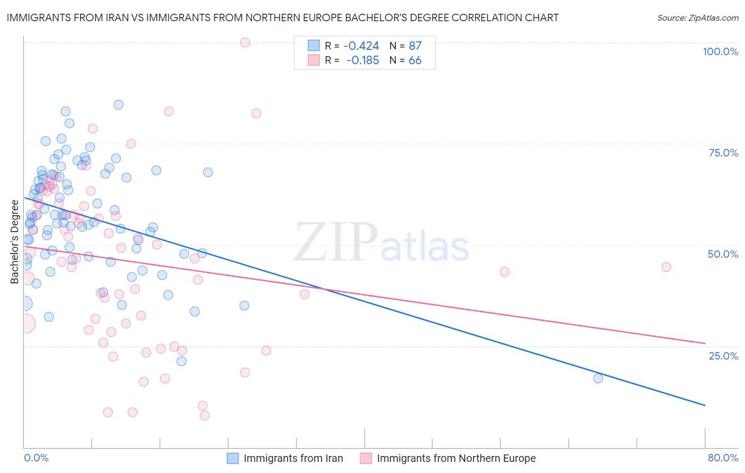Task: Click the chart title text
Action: (x=282, y=18)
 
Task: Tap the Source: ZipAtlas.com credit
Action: (x=697, y=18)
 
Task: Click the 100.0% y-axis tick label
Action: (x=720, y=51)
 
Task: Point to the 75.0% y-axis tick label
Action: (x=723, y=153)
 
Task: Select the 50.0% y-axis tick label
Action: (x=723, y=254)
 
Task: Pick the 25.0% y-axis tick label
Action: (x=723, y=356)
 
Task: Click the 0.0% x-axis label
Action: (x=36, y=458)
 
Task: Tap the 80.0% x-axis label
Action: (x=723, y=458)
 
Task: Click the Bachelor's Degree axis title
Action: (x=15, y=242)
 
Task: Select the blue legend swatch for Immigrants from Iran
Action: (x=233, y=458)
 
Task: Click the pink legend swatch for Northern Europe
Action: (x=366, y=458)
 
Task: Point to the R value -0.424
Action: (x=361, y=46)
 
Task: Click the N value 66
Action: (x=415, y=60)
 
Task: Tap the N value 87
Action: (x=415, y=46)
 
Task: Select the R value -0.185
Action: (x=362, y=60)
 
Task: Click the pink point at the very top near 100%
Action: (x=245, y=42)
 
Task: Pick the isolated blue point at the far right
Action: (x=598, y=378)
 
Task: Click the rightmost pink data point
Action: (x=666, y=267)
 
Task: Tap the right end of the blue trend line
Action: (x=705, y=405)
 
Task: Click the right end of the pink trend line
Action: (x=705, y=343)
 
